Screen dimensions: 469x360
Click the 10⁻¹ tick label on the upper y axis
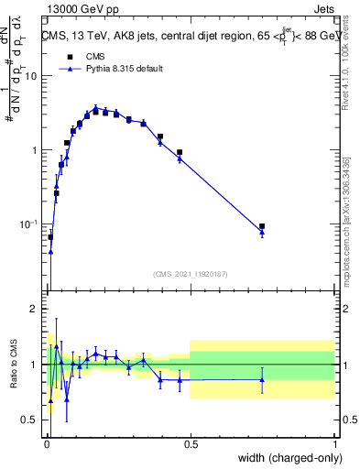[28, 224]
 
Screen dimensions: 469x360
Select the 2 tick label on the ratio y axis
[34, 310]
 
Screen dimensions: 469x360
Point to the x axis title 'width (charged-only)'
[287, 459]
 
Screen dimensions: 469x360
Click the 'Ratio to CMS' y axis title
[13, 365]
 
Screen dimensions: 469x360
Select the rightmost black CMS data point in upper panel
[262, 226]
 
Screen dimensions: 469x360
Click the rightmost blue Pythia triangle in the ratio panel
[262, 379]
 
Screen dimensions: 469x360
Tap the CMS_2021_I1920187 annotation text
[190, 274]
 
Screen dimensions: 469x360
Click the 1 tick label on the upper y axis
[34, 150]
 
